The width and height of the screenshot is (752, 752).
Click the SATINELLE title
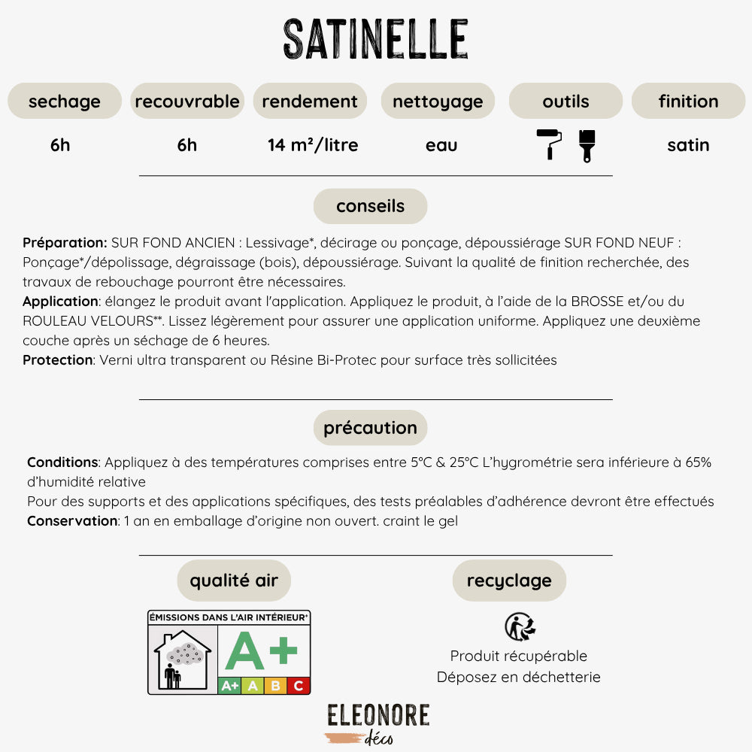[376, 39]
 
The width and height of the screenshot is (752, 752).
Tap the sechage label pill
[65, 101]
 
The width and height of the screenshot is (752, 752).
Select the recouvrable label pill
[187, 101]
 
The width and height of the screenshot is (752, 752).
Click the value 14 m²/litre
[313, 145]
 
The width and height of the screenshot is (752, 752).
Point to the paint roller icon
[549, 144]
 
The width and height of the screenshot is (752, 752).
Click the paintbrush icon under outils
[587, 145]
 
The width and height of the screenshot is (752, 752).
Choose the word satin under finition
[688, 145]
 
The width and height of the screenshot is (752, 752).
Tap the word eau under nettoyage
[441, 145]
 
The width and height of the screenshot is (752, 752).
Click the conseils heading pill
[370, 206]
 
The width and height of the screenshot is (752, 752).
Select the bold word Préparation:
[65, 243]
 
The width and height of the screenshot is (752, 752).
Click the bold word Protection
[57, 360]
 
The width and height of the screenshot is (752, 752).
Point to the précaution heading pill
[370, 428]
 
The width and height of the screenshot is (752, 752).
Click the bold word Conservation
[72, 520]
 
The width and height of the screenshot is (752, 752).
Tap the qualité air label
[234, 581]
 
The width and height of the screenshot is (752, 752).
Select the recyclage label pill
[509, 581]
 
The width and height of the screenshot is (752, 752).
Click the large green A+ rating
[261, 650]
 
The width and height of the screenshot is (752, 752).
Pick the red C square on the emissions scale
[299, 685]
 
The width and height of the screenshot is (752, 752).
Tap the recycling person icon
[519, 626]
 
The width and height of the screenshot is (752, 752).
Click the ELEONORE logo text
[378, 715]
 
